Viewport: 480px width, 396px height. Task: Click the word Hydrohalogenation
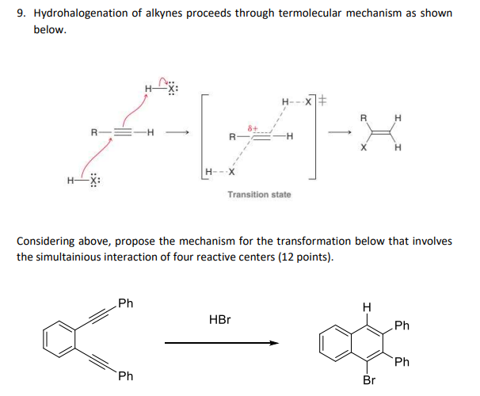tap(82, 13)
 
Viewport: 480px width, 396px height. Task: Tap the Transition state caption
tap(259, 194)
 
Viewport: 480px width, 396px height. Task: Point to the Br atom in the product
tap(368, 380)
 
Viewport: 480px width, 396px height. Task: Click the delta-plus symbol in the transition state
tap(254, 127)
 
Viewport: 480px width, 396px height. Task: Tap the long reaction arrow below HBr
tap(222, 343)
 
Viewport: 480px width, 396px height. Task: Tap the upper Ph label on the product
tap(402, 326)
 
